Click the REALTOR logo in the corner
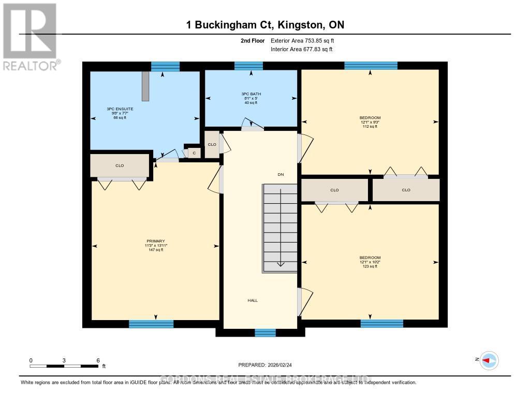30,36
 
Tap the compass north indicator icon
489,360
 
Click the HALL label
252,300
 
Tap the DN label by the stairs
281,175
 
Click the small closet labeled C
194,153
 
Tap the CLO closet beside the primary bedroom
120,166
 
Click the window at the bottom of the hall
265,333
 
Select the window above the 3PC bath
248,66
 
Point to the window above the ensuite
165,66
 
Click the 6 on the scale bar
98,360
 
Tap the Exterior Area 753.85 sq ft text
306,40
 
